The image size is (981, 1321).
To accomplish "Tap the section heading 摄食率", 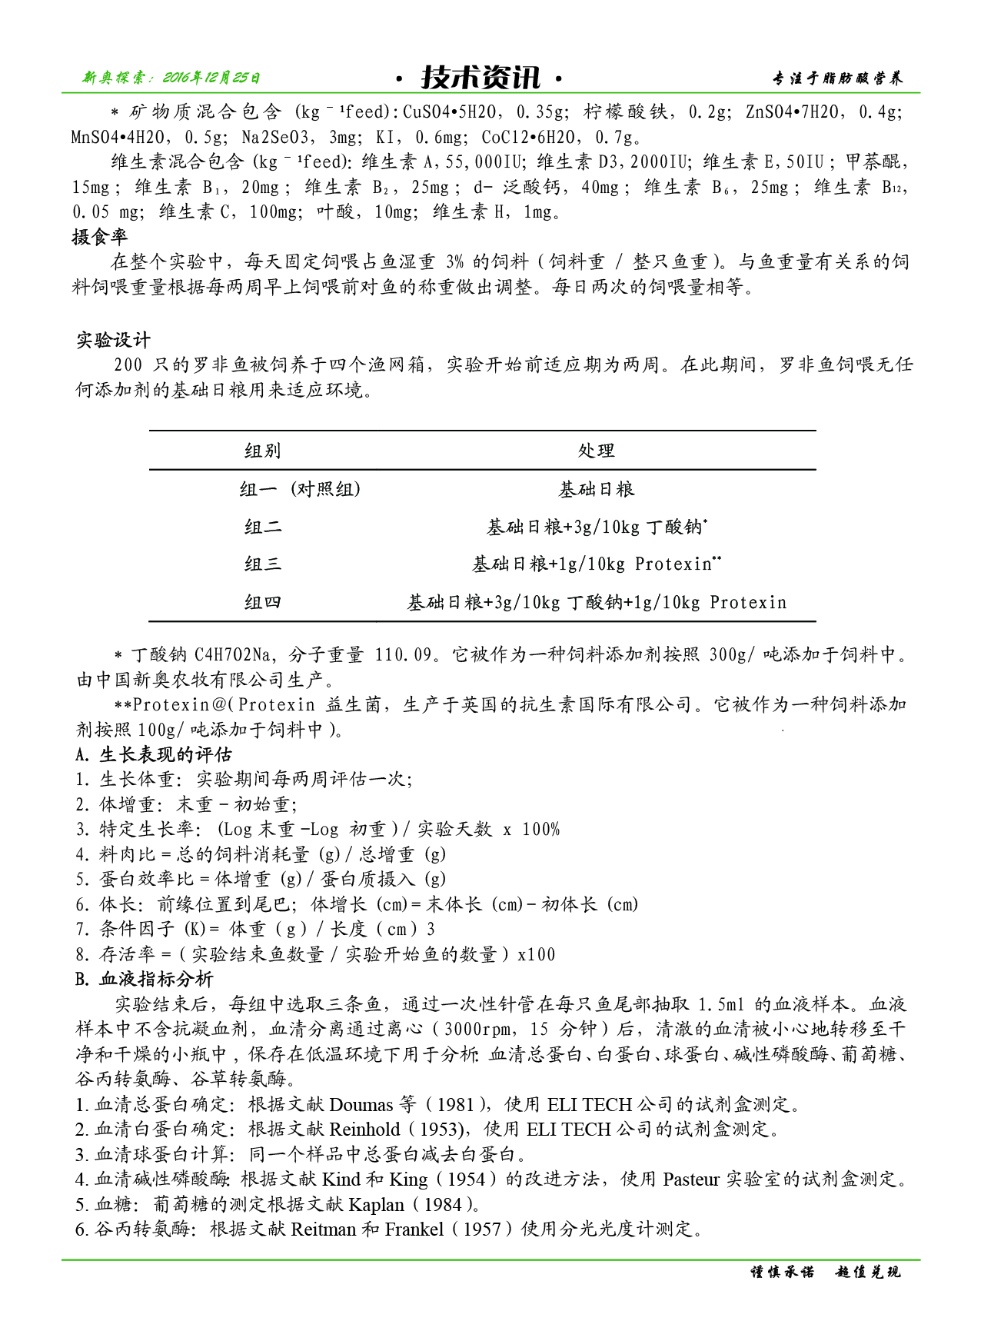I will pyautogui.click(x=100, y=237).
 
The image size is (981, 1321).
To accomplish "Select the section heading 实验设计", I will pyautogui.click(x=113, y=340).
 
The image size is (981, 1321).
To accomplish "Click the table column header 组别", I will pyautogui.click(x=263, y=451).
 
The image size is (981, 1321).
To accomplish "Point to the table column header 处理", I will pyautogui.click(x=597, y=451).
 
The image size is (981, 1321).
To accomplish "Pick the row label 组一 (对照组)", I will pyautogui.click(x=301, y=489).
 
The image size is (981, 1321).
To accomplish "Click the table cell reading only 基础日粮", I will pyautogui.click(x=597, y=489).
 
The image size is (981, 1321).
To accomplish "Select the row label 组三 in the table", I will pyautogui.click(x=263, y=564).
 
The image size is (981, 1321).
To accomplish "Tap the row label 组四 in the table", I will pyautogui.click(x=263, y=602).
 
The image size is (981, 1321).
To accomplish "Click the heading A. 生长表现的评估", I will pyautogui.click(x=154, y=754).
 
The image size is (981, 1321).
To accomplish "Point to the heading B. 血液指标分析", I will pyautogui.click(x=145, y=979).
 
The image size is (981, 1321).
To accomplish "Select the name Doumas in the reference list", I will pyautogui.click(x=361, y=1105).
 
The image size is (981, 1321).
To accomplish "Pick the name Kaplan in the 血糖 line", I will pyautogui.click(x=376, y=1204).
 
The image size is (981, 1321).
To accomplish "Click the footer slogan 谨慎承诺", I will pyautogui.click(x=782, y=1272).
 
